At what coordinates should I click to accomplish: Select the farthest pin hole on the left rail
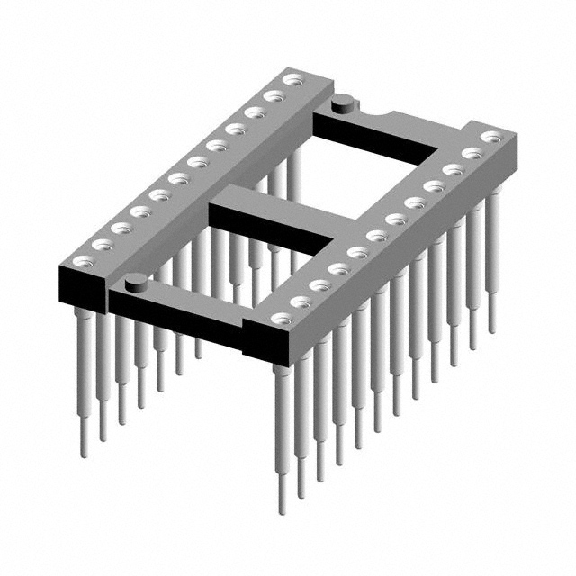pyautogui.click(x=291, y=80)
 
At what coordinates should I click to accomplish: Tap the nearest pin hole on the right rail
pyautogui.click(x=282, y=319)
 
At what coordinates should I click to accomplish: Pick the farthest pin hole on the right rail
pyautogui.click(x=490, y=137)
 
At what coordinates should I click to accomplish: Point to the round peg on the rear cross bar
pyautogui.click(x=343, y=106)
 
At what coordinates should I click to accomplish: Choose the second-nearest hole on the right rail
pyautogui.click(x=301, y=302)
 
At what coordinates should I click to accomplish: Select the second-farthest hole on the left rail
pyautogui.click(x=273, y=96)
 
